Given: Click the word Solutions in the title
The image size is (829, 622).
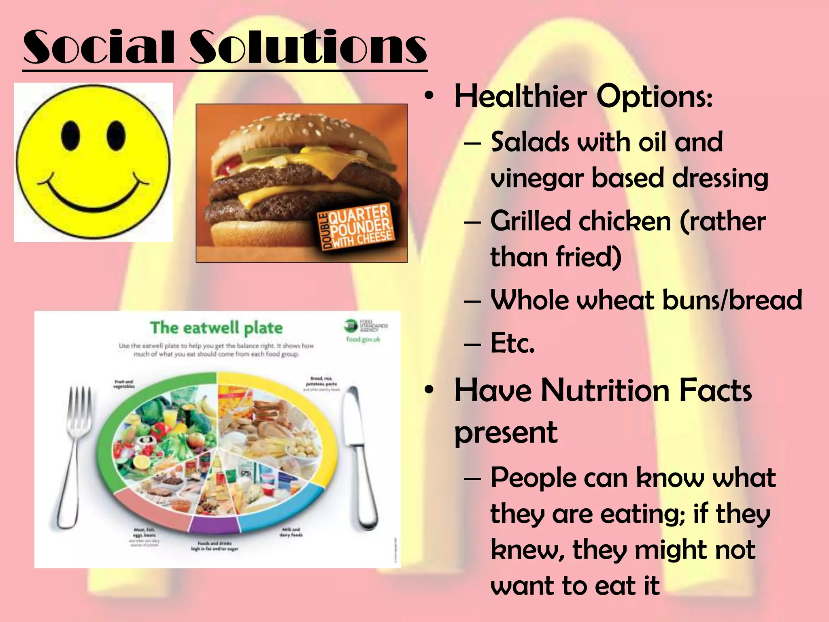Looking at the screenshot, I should click(308, 47).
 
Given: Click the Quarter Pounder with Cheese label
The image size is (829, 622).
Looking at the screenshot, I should click(356, 227).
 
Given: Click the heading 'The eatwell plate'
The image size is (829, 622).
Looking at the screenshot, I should click(216, 328).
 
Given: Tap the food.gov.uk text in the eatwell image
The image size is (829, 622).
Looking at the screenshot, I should click(363, 339).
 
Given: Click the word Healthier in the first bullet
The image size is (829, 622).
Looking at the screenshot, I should click(521, 97).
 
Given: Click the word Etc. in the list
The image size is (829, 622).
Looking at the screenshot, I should click(512, 343).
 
